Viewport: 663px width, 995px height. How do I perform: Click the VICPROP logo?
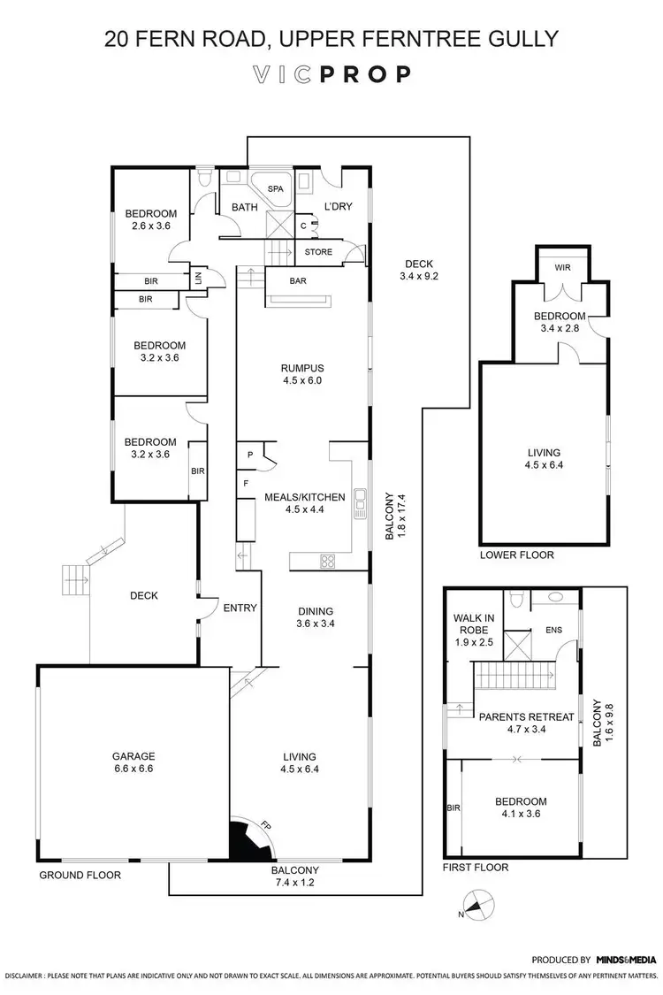click(331, 74)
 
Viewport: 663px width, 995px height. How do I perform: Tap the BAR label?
click(298, 281)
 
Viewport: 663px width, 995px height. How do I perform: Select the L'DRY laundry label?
click(339, 207)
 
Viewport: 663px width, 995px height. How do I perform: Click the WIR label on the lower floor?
click(562, 266)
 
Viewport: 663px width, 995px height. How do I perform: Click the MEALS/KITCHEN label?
click(304, 497)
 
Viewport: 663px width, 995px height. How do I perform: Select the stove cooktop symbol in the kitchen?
click(327, 559)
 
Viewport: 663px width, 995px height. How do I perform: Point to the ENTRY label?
click(240, 608)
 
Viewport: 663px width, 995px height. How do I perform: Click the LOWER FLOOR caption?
click(517, 555)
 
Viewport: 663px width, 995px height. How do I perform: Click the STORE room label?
click(318, 252)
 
